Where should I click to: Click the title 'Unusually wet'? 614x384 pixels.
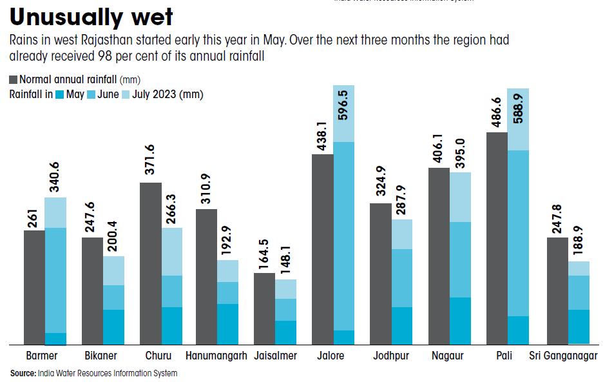tap(91, 17)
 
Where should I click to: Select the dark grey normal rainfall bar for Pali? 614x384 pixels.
tap(497, 238)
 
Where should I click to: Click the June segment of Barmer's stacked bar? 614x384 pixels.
tap(55, 280)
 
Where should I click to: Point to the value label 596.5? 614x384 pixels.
tap(343, 111)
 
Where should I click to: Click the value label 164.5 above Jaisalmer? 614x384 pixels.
tap(264, 254)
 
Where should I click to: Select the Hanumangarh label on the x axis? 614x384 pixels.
tap(216, 356)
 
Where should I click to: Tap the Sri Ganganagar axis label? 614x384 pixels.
tap(563, 356)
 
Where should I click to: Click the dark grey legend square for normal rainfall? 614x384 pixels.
tap(14, 80)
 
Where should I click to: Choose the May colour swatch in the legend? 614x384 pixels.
tap(60, 94)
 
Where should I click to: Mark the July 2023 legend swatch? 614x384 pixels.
tap(126, 94)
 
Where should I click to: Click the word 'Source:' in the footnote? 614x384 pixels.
tap(23, 373)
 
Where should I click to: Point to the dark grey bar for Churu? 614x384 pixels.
tap(151, 263)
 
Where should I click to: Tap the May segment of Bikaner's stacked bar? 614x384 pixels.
tap(113, 327)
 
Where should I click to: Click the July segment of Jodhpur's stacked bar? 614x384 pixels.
tap(402, 234)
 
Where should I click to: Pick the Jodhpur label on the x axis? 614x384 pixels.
tap(390, 356)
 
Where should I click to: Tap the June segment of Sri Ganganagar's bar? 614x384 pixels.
tap(579, 292)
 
